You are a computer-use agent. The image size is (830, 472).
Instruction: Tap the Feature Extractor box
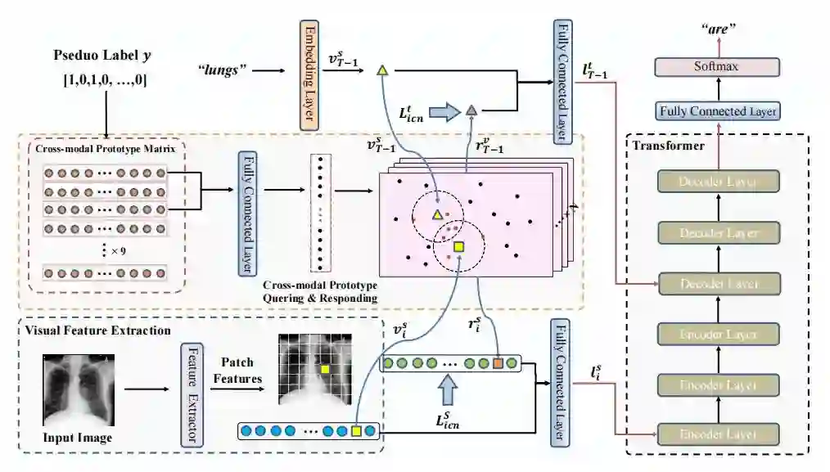(191, 394)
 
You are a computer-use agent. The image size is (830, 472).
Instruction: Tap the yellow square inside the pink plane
(458, 247)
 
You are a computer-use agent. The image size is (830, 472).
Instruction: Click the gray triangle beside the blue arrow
(471, 110)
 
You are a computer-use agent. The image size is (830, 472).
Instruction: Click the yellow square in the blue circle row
(355, 430)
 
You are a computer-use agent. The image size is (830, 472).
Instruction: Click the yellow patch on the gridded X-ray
(325, 370)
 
